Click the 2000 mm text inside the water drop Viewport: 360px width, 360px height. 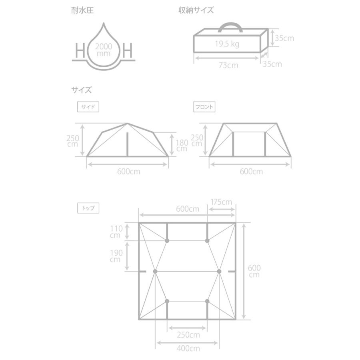point(103,50)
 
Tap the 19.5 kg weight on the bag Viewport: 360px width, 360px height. point(227,44)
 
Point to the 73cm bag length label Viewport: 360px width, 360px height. point(228,65)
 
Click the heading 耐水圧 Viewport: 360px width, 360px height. point(82,11)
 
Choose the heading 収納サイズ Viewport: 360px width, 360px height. point(196,11)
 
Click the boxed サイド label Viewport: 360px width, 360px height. point(88,107)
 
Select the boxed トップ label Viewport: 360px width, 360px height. point(88,208)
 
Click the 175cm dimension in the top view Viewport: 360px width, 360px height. point(222,202)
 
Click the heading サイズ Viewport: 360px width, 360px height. point(82,90)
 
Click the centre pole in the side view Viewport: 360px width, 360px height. point(128,144)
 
